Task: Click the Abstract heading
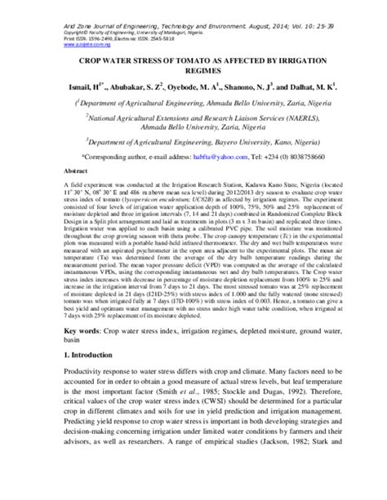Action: (75, 173)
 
